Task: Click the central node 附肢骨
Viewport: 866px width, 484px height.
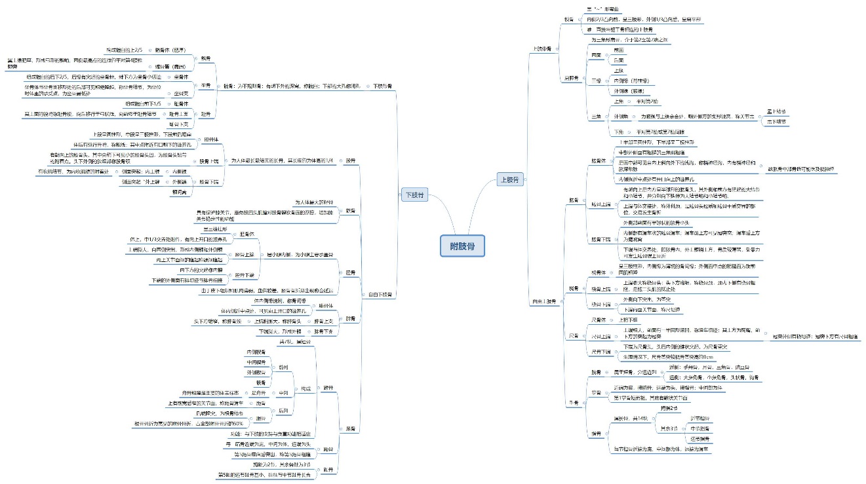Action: [463, 246]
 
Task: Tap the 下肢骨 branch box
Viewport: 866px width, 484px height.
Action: [415, 195]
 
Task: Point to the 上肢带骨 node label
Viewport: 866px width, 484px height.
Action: [541, 48]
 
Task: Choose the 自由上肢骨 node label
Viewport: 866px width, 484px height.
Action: [543, 301]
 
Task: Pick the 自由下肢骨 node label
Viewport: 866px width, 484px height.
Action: [380, 295]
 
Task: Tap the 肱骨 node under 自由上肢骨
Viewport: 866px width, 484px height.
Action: [574, 200]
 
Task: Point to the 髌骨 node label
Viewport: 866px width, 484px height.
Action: [350, 211]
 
